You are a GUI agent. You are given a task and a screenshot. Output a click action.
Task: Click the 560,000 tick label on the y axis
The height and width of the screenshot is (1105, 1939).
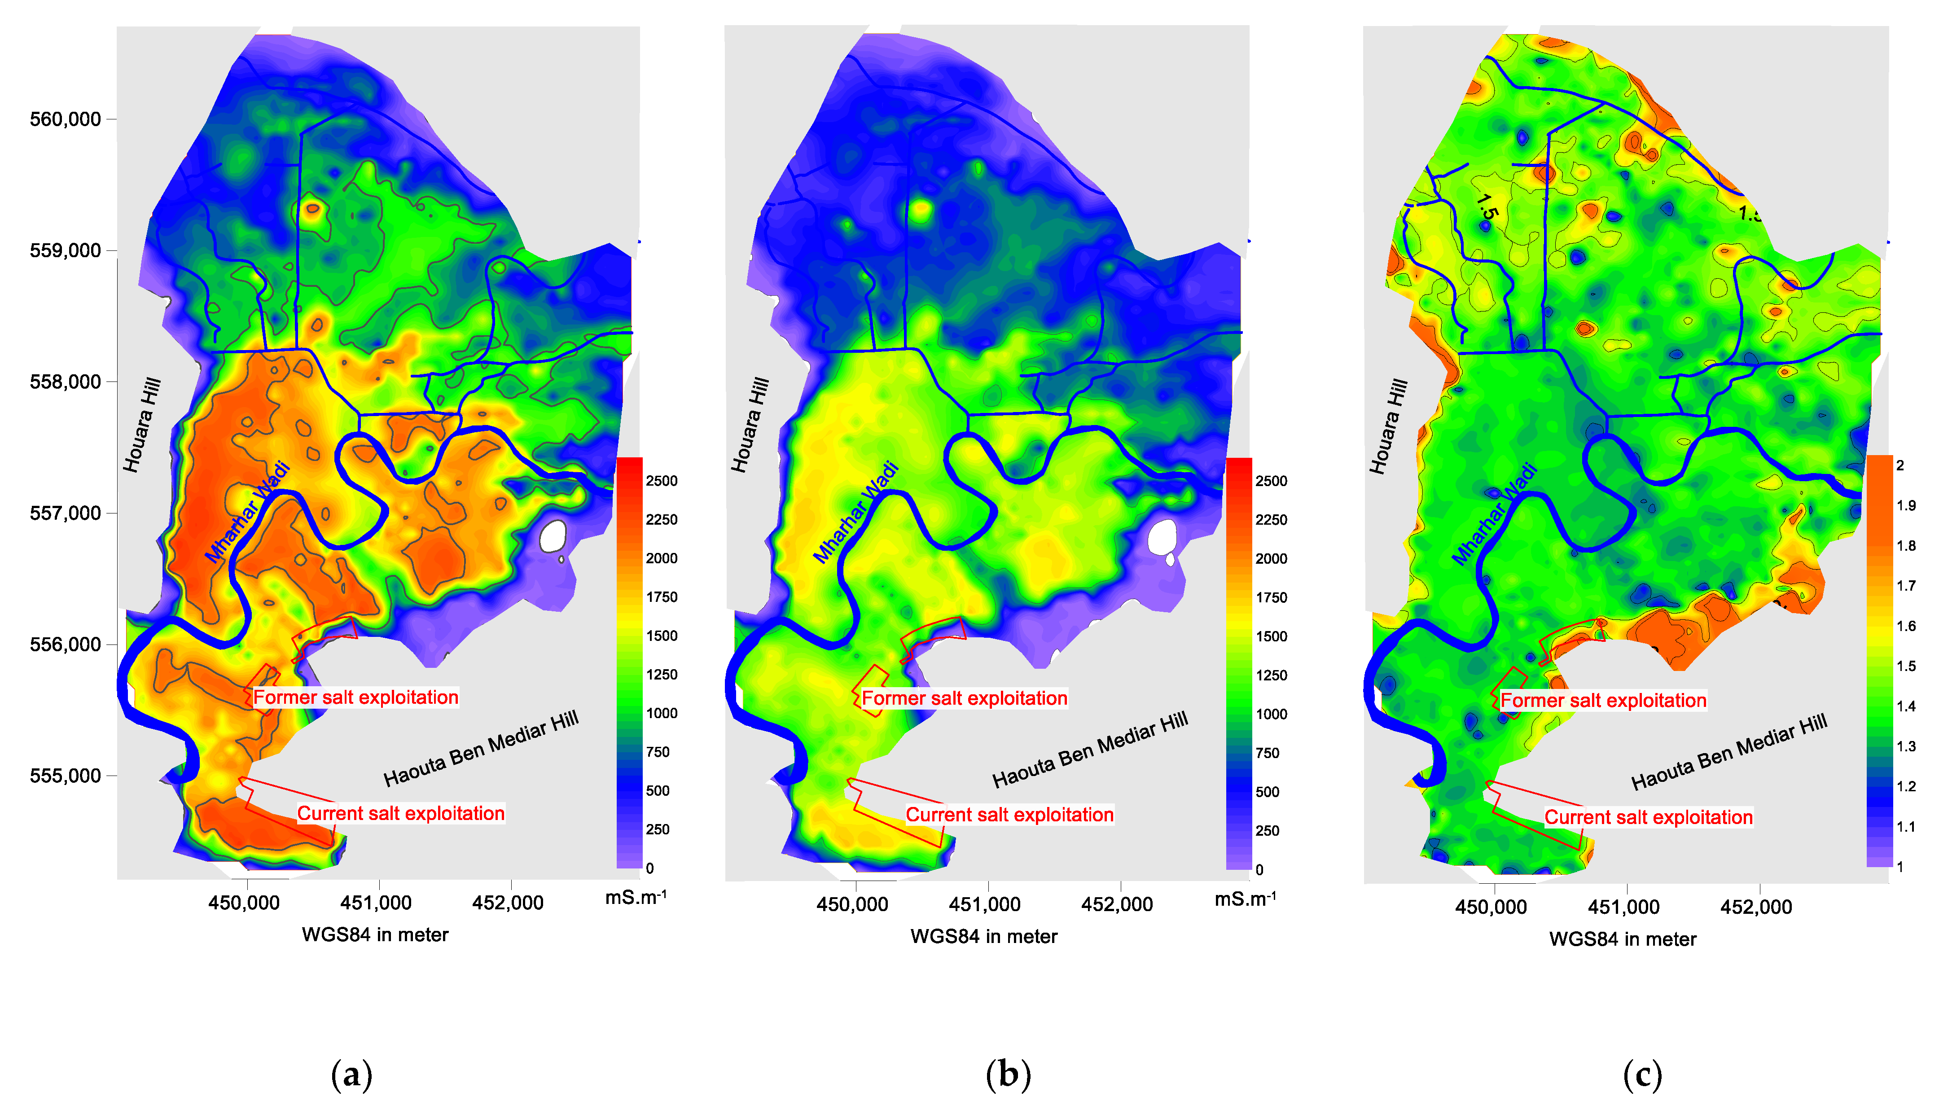(65, 119)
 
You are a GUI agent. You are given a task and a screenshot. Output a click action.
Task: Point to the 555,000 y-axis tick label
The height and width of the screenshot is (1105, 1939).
(65, 776)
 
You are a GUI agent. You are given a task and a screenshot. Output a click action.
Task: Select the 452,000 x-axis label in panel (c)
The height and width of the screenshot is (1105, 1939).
(1756, 906)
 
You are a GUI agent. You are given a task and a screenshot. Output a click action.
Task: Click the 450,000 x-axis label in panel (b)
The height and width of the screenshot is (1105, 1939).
(852, 904)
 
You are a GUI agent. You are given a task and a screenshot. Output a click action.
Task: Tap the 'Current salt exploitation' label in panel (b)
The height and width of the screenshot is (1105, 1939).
(1009, 814)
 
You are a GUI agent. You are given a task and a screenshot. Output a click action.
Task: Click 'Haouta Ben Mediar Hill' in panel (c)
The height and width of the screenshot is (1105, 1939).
(1729, 751)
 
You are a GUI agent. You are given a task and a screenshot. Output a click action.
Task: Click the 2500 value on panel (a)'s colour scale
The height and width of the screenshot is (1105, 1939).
(661, 480)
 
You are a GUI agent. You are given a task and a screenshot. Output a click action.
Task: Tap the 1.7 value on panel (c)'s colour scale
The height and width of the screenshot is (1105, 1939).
(1906, 585)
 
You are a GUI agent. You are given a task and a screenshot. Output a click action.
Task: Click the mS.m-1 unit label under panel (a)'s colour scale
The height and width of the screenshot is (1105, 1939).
(635, 897)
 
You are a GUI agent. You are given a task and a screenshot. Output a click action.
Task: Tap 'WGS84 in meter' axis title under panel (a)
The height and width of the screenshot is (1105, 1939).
(375, 934)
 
